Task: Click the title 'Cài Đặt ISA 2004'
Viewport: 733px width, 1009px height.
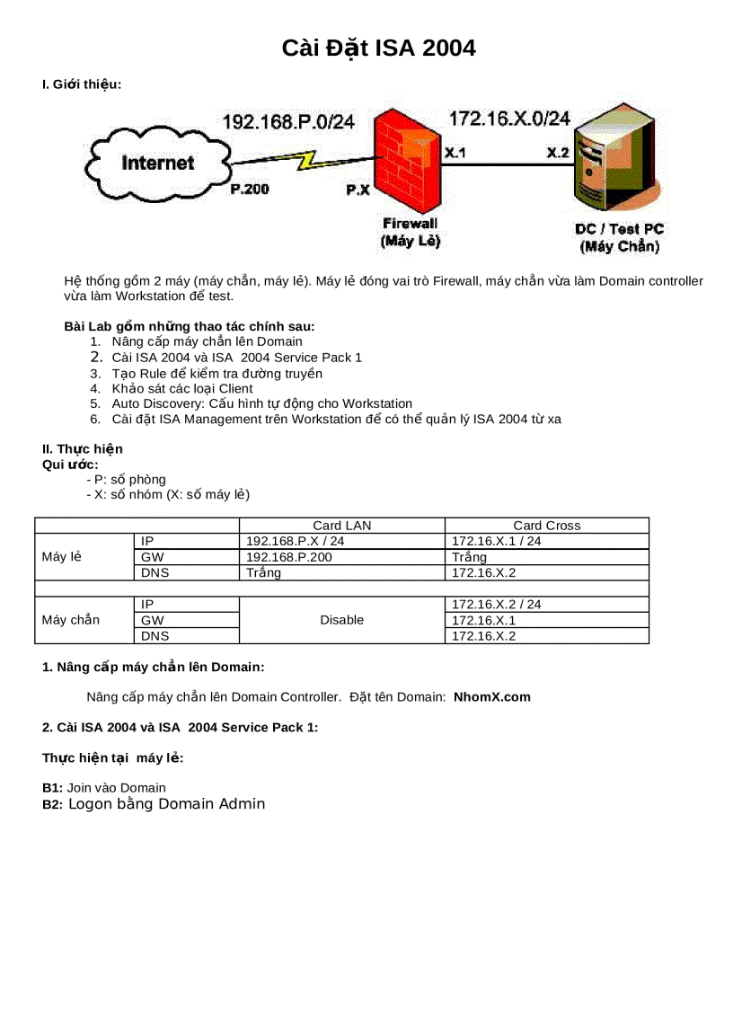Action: point(378,48)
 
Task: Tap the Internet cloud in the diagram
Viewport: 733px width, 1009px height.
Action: point(158,163)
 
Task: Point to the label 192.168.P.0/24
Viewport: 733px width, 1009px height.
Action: point(288,122)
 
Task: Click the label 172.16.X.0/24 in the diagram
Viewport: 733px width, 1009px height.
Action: point(509,119)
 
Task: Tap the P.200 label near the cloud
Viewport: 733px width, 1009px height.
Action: point(249,190)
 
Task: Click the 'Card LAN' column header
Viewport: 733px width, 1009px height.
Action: point(341,526)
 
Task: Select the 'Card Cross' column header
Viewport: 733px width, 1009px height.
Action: point(546,526)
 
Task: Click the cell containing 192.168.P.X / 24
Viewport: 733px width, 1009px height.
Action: point(295,541)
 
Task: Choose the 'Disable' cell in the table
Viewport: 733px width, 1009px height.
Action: point(341,620)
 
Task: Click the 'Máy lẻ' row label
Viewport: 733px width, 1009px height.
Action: point(62,557)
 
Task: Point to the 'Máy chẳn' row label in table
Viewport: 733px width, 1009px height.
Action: point(71,620)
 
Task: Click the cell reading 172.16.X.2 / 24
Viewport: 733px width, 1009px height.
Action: point(496,605)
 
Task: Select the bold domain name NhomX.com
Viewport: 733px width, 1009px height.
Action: point(491,696)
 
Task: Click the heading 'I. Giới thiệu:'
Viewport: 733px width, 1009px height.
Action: point(82,84)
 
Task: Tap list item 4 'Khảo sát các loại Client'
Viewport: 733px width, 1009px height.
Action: point(182,388)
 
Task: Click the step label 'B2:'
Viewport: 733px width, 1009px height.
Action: point(52,805)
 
